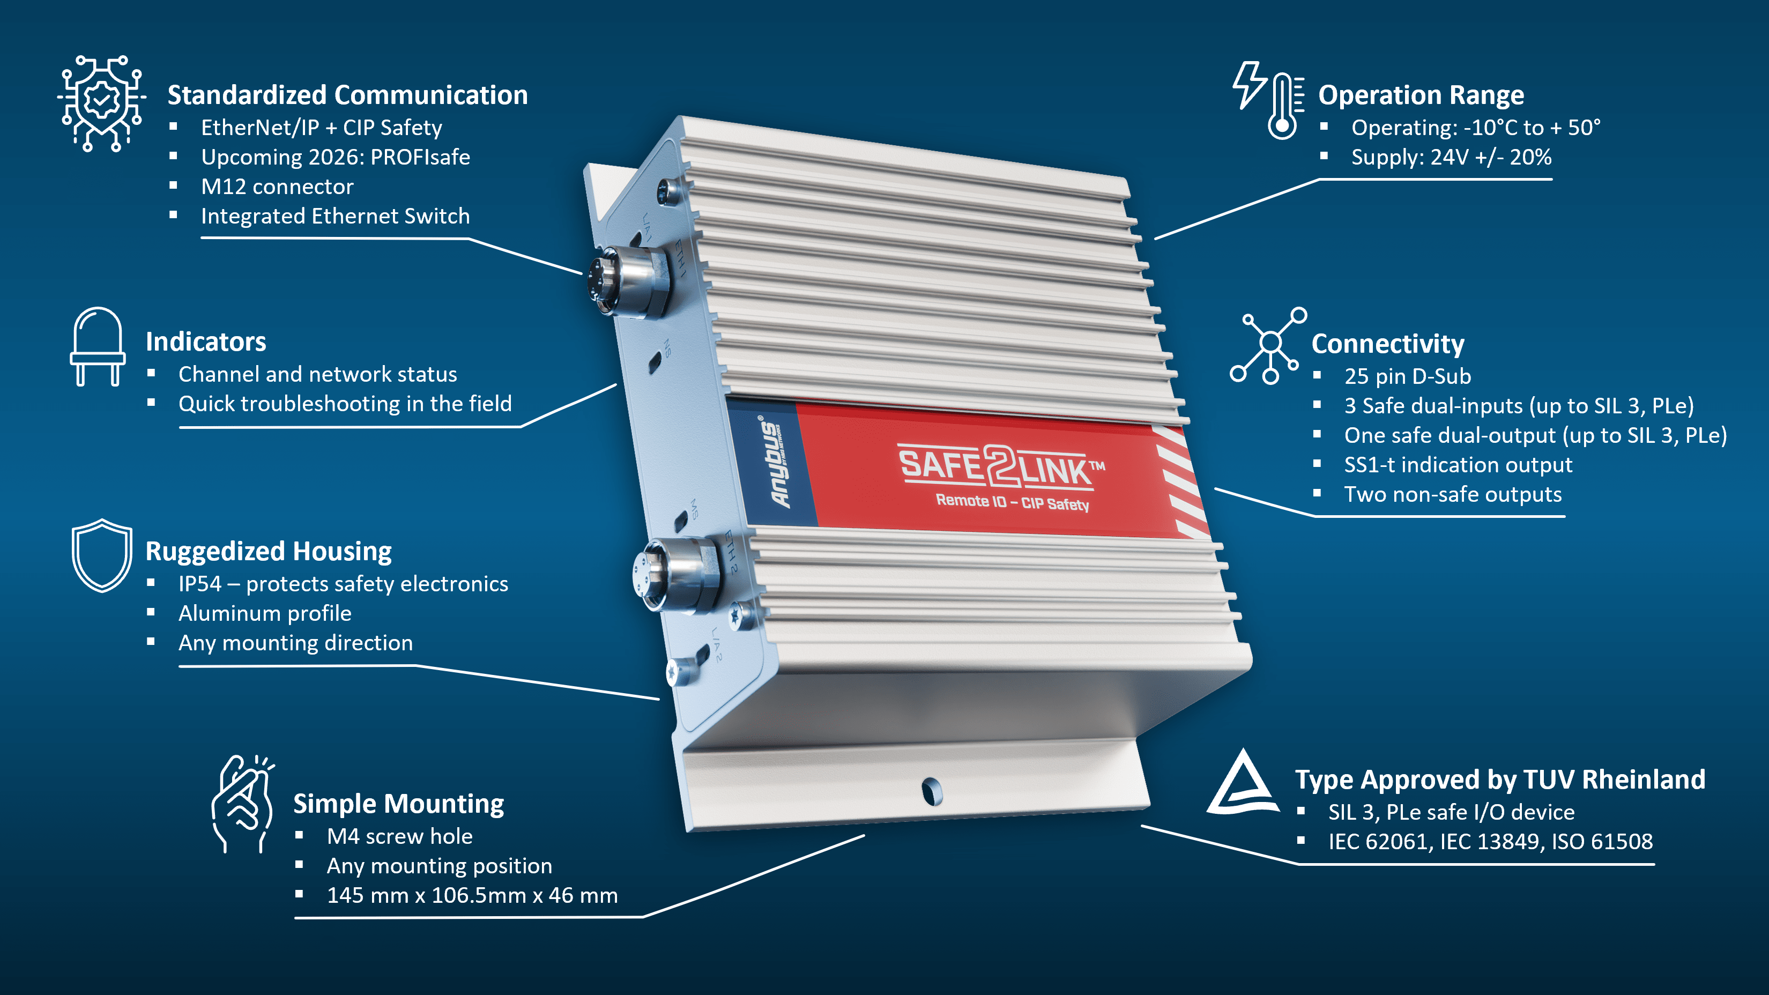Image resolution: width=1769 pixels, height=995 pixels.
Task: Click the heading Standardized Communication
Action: coord(347,95)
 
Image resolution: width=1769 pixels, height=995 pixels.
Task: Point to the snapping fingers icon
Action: coord(242,804)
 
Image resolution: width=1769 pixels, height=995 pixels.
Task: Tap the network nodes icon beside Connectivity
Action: coord(1269,345)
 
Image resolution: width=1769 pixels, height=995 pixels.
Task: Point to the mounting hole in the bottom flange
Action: coord(932,791)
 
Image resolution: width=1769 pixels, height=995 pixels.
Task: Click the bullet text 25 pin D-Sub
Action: coord(1407,376)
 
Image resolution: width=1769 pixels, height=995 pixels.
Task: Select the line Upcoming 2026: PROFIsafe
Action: coord(335,157)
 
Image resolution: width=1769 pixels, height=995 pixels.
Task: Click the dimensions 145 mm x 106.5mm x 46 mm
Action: coord(472,895)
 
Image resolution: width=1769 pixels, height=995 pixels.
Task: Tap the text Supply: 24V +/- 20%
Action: coord(1451,157)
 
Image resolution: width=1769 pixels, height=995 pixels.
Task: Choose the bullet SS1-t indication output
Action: coord(1458,465)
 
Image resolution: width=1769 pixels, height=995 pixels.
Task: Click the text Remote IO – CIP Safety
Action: coord(1012,502)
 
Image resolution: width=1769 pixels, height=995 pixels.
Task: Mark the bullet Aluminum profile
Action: coord(264,613)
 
